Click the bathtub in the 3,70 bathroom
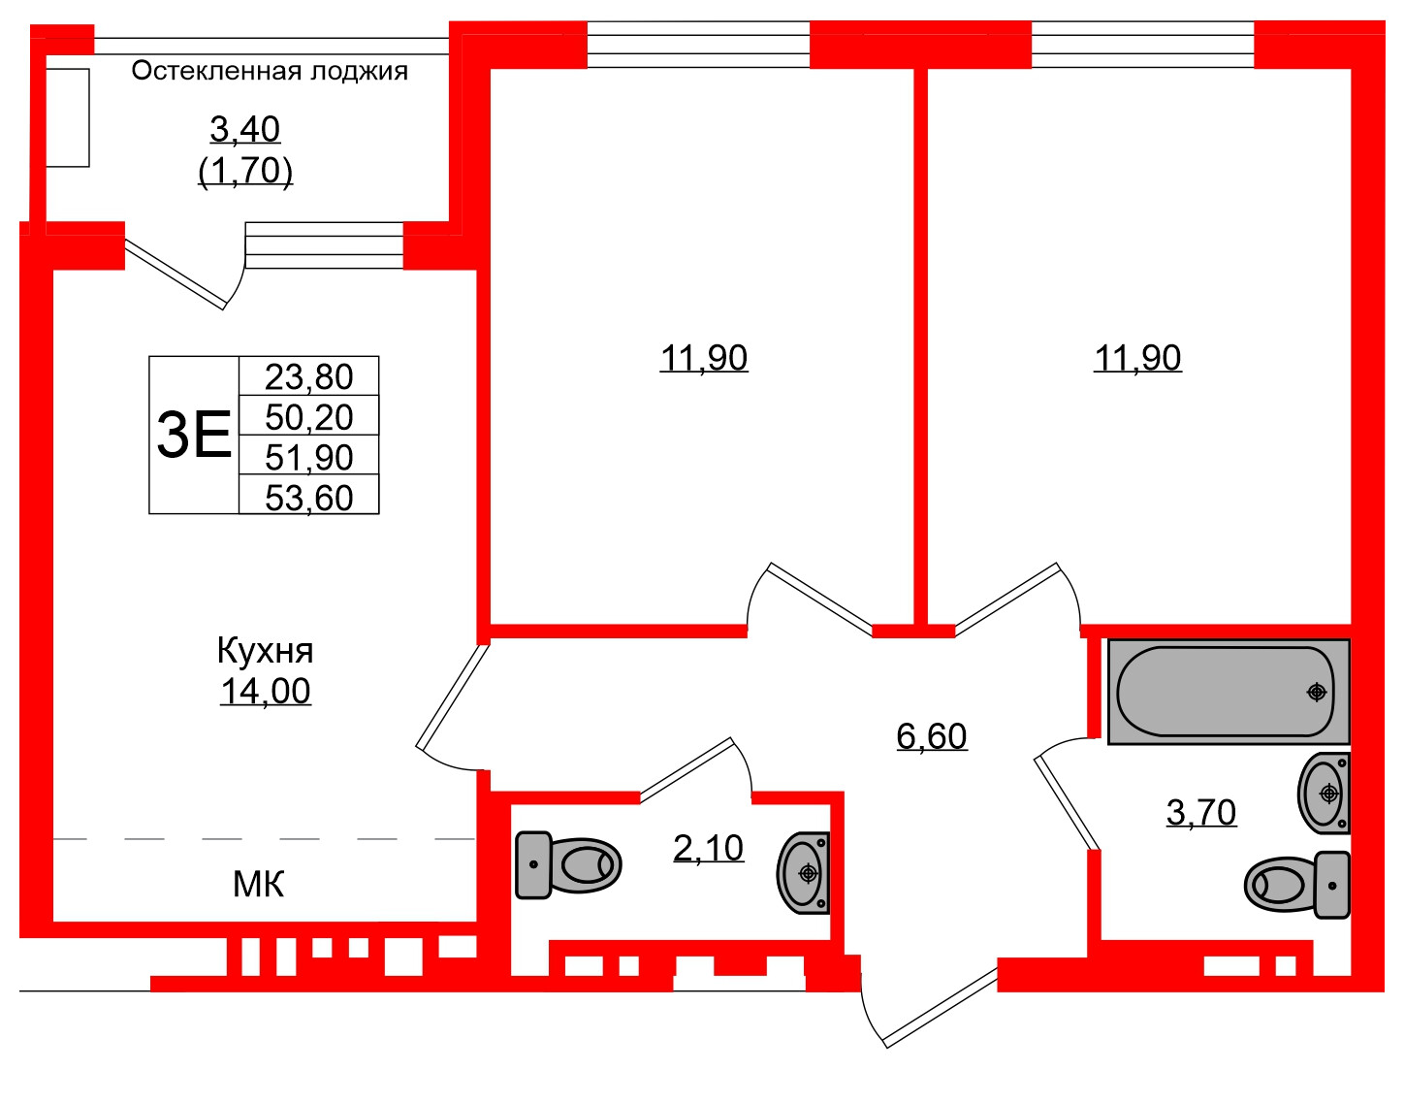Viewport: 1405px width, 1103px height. pos(1228,692)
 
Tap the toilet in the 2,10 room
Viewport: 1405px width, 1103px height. pos(567,864)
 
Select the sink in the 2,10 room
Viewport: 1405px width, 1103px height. pos(804,873)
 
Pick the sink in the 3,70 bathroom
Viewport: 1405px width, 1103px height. pos(1324,794)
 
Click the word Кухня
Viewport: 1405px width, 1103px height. pos(265,650)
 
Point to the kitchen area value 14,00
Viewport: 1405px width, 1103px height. pos(265,692)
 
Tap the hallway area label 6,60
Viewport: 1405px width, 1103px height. pos(931,736)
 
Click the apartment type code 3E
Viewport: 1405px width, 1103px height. pos(194,435)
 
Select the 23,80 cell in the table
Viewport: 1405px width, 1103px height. pos(308,376)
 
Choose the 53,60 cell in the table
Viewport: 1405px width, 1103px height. pos(308,497)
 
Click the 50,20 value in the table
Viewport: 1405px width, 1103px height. pos(308,417)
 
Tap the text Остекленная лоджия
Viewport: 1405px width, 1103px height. pos(270,71)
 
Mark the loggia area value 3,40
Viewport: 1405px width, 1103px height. pos(244,128)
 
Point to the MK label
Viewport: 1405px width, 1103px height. pos(258,884)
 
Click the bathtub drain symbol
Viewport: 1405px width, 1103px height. pos(1316,692)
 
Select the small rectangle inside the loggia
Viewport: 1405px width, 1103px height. pos(68,117)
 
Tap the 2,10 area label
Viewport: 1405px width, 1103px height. pos(708,848)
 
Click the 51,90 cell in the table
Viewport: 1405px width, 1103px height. pos(308,457)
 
